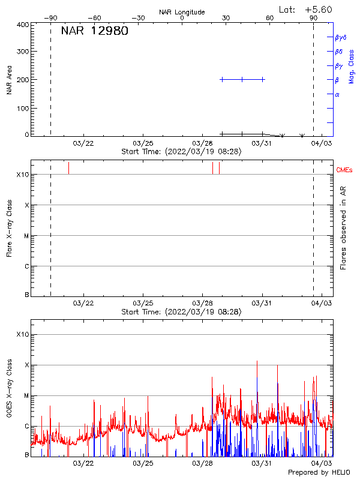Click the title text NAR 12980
pyautogui.click(x=94, y=31)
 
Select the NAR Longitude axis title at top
pyautogui.click(x=182, y=12)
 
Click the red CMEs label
pyautogui.click(x=345, y=170)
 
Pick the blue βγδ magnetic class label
pyautogui.click(x=340, y=37)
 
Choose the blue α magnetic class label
pyautogui.click(x=337, y=94)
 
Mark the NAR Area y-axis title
pyautogui.click(x=10, y=80)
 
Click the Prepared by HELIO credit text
pyautogui.click(x=319, y=473)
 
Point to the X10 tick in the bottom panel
pyautogui.click(x=23, y=334)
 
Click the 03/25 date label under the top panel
pyautogui.click(x=143, y=143)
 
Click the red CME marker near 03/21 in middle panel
pyautogui.click(x=68, y=167)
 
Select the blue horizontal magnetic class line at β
pyautogui.click(x=242, y=79)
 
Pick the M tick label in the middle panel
pyautogui.click(x=26, y=236)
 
